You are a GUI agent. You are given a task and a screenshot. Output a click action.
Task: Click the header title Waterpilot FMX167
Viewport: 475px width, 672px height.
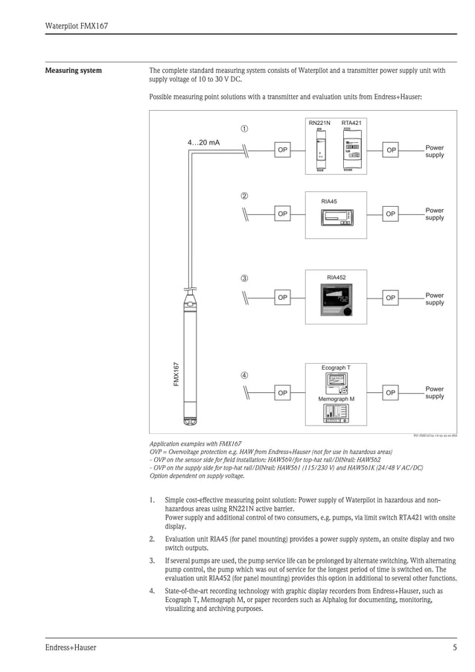pyautogui.click(x=77, y=26)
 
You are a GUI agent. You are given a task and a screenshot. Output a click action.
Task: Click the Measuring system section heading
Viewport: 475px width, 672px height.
pyautogui.click(x=74, y=71)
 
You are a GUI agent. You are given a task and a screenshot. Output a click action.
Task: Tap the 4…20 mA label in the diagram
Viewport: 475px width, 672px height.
pyautogui.click(x=203, y=142)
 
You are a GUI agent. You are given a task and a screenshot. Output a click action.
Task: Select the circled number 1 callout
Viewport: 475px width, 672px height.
pyautogui.click(x=244, y=129)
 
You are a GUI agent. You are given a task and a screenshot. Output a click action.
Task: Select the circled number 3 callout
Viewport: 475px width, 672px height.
pyautogui.click(x=244, y=278)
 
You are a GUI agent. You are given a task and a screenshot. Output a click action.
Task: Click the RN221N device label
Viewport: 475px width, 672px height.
pyautogui.click(x=319, y=122)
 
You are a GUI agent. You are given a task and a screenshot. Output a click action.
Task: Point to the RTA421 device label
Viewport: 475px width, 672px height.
pyautogui.click(x=351, y=122)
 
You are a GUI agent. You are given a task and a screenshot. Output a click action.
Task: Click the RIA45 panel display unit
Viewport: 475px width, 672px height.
pyautogui.click(x=336, y=217)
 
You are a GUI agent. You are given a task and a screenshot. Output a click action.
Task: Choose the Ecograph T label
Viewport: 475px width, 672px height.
pyautogui.click(x=336, y=368)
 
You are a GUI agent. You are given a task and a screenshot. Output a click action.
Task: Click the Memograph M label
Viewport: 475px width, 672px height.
pyautogui.click(x=336, y=400)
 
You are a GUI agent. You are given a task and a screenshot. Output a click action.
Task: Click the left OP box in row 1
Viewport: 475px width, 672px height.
pyautogui.click(x=282, y=150)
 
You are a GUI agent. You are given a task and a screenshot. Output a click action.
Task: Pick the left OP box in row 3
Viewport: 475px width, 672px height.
pyautogui.click(x=282, y=298)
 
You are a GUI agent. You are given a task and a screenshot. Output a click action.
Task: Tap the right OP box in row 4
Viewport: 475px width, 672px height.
pyautogui.click(x=391, y=391)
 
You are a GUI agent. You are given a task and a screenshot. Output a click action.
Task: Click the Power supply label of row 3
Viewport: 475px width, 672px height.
pyautogui.click(x=434, y=298)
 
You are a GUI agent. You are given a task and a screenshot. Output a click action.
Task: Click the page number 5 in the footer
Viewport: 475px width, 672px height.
pyautogui.click(x=454, y=647)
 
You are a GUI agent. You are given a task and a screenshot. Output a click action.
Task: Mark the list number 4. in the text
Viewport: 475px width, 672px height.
pyautogui.click(x=152, y=592)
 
